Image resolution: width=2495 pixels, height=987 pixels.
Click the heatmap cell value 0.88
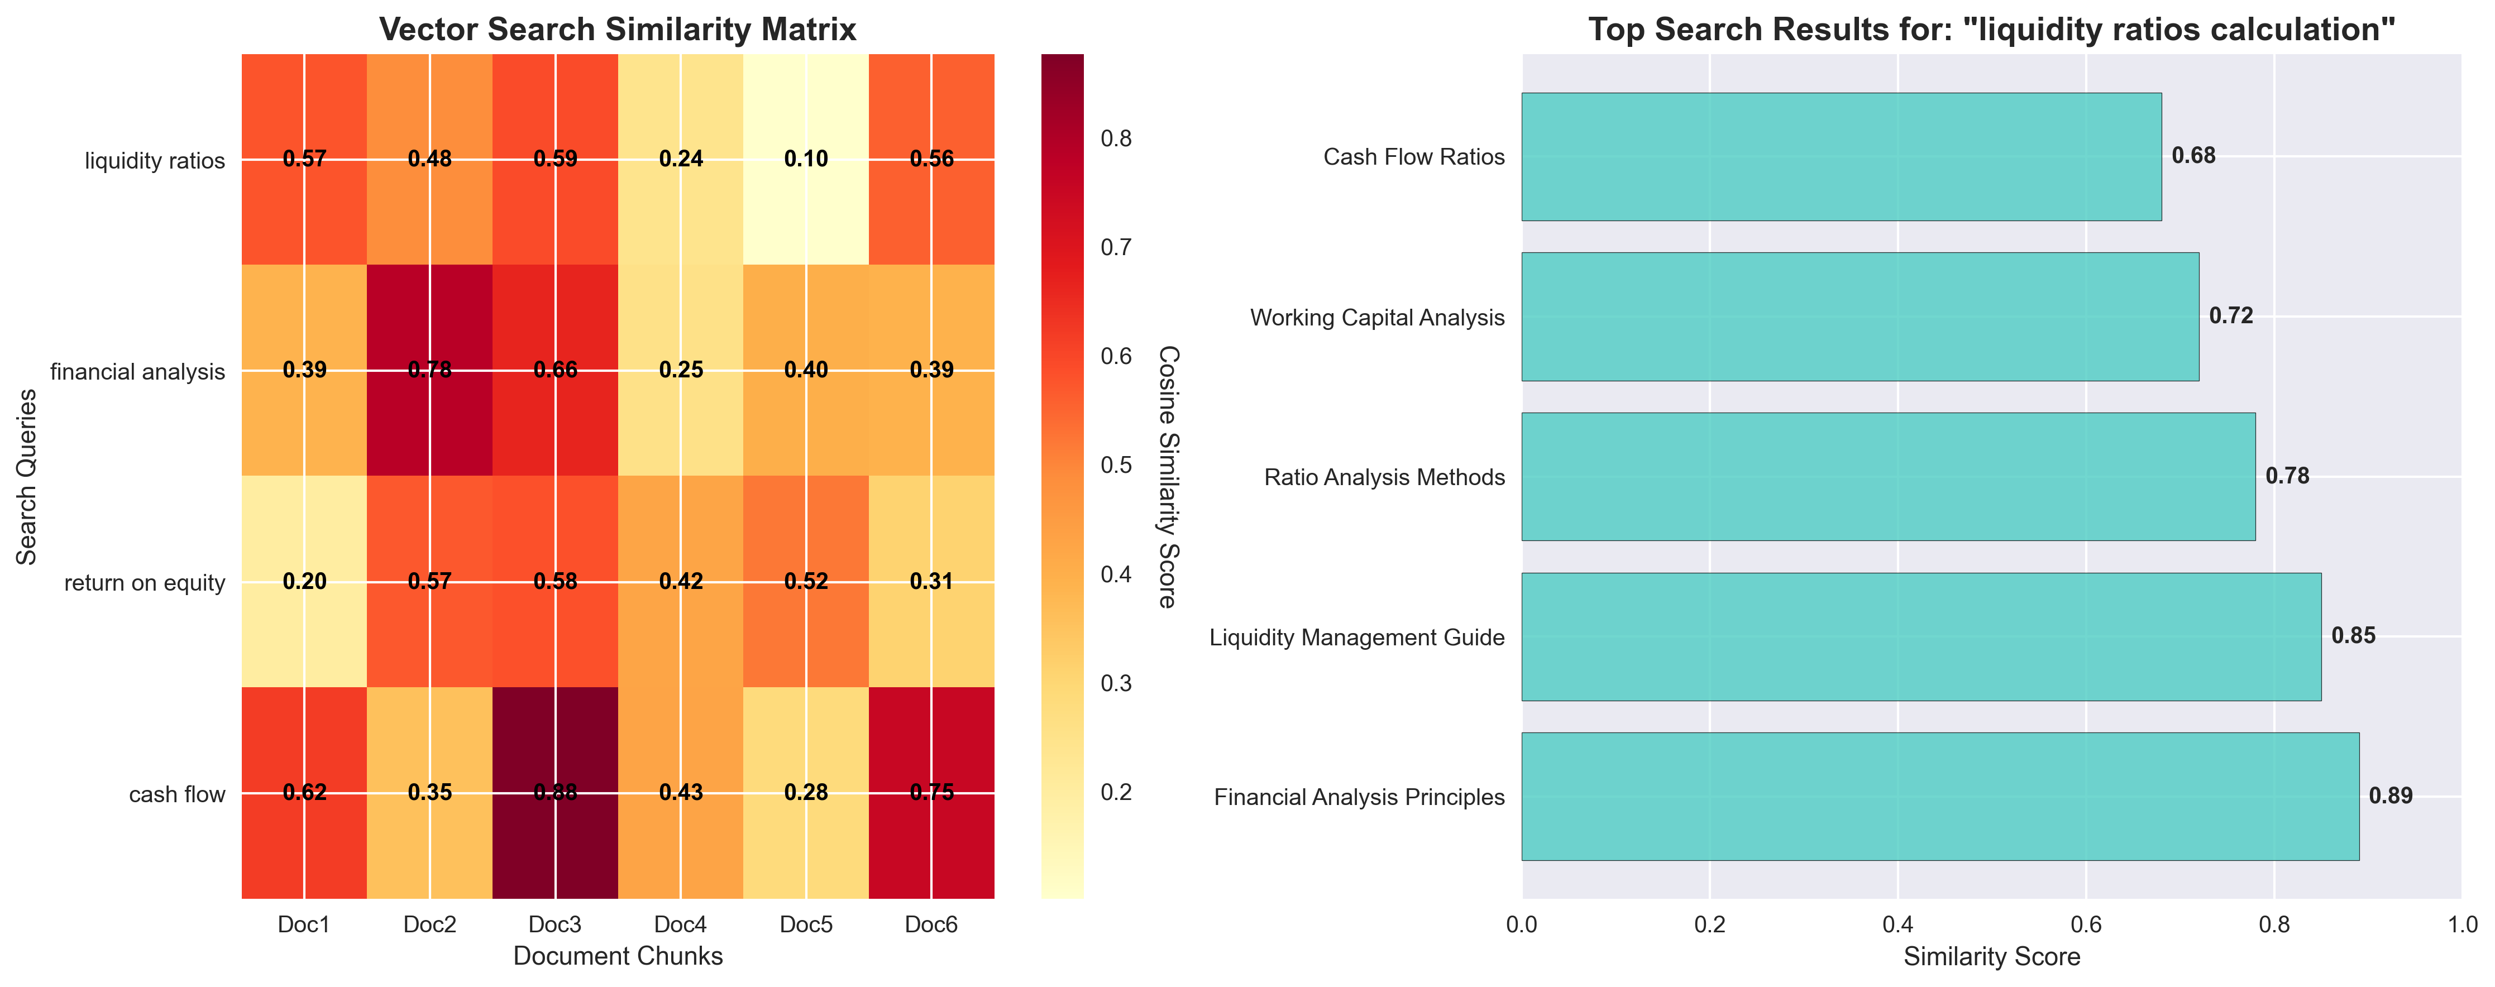point(555,792)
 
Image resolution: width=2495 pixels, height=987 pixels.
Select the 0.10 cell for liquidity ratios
point(806,159)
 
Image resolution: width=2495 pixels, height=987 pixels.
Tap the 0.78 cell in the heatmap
point(429,370)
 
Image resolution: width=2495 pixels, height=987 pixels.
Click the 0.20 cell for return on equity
point(304,581)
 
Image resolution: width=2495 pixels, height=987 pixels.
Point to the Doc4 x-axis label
point(680,925)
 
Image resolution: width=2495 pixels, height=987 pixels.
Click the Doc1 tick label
point(304,925)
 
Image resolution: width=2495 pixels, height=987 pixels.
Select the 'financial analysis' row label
point(137,372)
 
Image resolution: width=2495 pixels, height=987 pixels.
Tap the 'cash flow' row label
point(177,795)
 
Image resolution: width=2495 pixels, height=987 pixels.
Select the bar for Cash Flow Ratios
point(1840,157)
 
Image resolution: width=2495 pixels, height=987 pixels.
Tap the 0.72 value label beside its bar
point(2230,316)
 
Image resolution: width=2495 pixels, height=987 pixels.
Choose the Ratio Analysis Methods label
point(1384,477)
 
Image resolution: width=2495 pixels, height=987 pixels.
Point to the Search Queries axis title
point(27,477)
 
